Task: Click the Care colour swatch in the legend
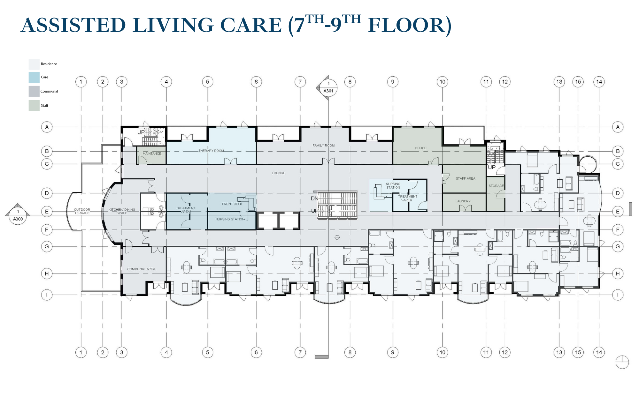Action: [34, 77]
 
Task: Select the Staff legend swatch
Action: [34, 105]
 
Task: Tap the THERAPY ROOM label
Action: [211, 151]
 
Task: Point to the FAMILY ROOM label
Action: [324, 146]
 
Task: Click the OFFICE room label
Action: [420, 148]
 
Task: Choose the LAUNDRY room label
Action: [463, 201]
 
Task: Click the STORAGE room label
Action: [496, 186]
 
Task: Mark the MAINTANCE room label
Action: [152, 154]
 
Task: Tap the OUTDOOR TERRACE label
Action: [82, 211]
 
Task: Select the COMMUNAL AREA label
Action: [141, 269]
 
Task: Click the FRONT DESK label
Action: [232, 204]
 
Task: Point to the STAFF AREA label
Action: [466, 178]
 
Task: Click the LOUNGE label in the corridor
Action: [278, 173]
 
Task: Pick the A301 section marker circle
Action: [328, 87]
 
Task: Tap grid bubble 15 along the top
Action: [578, 82]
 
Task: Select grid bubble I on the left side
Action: [47, 295]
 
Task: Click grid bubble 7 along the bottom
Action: [300, 352]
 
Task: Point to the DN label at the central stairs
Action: [315, 199]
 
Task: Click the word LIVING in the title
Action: [173, 25]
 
